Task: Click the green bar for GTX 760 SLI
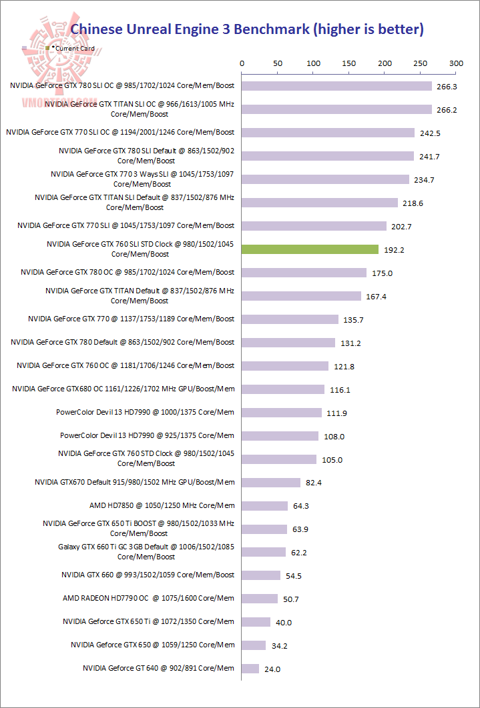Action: pos(310,249)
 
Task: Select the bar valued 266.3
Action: pos(336,86)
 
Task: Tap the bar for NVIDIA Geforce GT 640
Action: pos(250,669)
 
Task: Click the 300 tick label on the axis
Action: pos(456,63)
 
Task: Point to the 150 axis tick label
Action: pos(349,63)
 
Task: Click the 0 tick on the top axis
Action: pos(242,63)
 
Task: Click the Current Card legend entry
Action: pos(74,49)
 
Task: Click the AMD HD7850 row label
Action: pos(162,505)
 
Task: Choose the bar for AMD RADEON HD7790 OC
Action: pos(260,599)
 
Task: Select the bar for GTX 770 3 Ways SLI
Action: pos(325,179)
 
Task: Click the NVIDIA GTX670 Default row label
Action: pos(135,482)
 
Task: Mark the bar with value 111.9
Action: pos(281,413)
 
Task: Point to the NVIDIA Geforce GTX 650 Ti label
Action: pos(148,621)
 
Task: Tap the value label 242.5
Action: pos(431,133)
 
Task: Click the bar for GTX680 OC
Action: pos(283,389)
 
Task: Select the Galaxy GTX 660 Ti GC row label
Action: pos(146,551)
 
